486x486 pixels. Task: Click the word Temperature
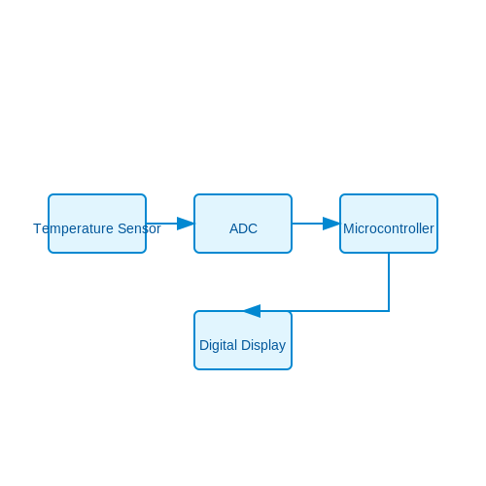pos(73,229)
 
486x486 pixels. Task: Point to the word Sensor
pos(139,228)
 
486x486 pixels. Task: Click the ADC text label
pos(243,228)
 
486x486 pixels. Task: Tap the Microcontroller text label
pos(389,228)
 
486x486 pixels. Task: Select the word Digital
pos(219,345)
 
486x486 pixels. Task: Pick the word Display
pos(263,346)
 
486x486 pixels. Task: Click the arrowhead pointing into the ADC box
pos(186,224)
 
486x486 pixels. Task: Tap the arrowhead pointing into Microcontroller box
pos(331,224)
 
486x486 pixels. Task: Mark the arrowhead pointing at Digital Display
pos(252,311)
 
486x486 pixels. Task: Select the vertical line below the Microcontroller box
pos(389,282)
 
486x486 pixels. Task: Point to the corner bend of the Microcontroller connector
pos(389,311)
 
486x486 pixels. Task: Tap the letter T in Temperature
pos(37,228)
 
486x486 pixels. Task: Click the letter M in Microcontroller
pos(349,228)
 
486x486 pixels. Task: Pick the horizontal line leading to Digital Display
pos(325,311)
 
